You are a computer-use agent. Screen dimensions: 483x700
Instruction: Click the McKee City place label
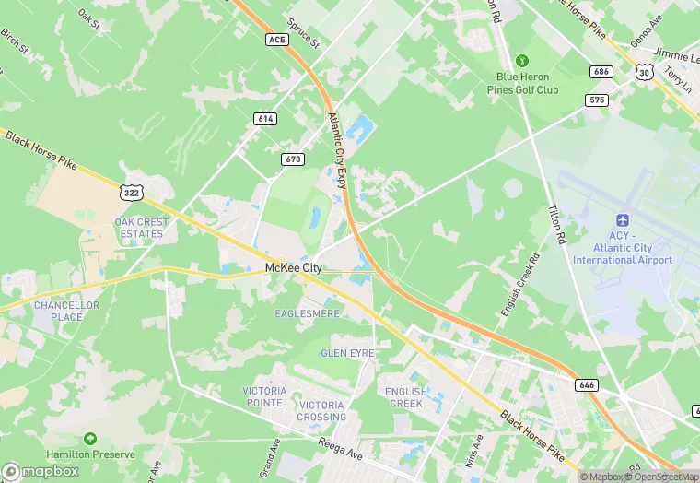coord(293,267)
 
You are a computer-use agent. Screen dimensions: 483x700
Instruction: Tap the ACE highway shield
coord(277,40)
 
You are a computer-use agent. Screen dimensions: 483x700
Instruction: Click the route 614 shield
coord(265,119)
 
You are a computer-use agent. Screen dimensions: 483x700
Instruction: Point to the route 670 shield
coord(292,159)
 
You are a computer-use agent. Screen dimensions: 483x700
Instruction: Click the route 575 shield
coord(598,99)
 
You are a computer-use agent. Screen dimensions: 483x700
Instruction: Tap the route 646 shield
coord(587,383)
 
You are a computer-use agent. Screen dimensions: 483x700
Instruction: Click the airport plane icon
coord(622,222)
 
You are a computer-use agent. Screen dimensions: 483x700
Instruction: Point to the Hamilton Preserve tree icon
coord(90,439)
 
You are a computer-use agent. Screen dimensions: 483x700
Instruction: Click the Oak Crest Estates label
coord(139,228)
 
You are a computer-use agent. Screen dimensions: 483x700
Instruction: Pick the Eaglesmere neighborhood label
coord(307,314)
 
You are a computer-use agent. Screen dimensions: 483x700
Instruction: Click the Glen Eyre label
coord(345,353)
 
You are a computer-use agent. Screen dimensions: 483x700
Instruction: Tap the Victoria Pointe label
coord(264,396)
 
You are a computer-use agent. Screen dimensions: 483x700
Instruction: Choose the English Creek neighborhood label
coord(406,397)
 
